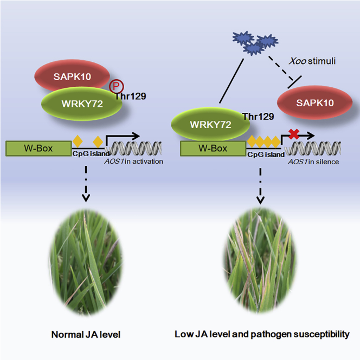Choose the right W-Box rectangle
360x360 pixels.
(214, 147)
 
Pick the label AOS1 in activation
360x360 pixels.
(136, 162)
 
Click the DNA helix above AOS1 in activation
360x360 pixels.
(135, 147)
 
